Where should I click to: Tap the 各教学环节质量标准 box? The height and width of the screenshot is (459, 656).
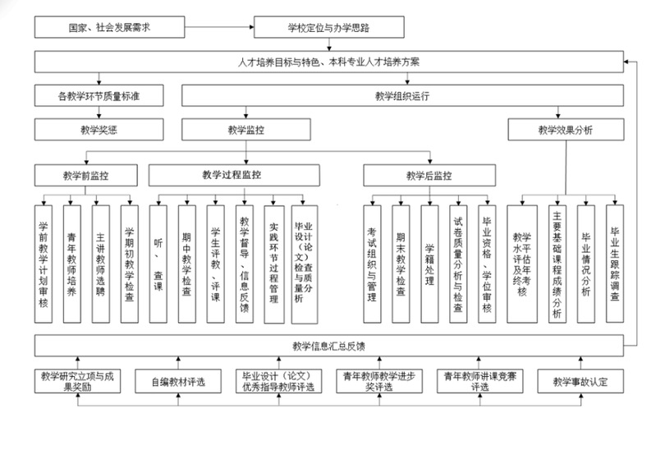pos(98,96)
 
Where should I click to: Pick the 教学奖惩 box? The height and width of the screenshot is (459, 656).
pos(98,129)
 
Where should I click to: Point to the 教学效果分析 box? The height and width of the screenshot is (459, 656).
pos(565,129)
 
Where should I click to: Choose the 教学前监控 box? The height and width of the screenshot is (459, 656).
pos(85,176)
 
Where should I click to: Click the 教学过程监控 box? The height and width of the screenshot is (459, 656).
pos(231,176)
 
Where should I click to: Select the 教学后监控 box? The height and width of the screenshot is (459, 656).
pos(428,176)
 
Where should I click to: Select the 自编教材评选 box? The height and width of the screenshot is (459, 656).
pos(177,381)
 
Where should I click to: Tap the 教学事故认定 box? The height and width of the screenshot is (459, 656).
pos(580,381)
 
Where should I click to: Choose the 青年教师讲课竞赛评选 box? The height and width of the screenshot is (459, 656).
pos(479,381)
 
